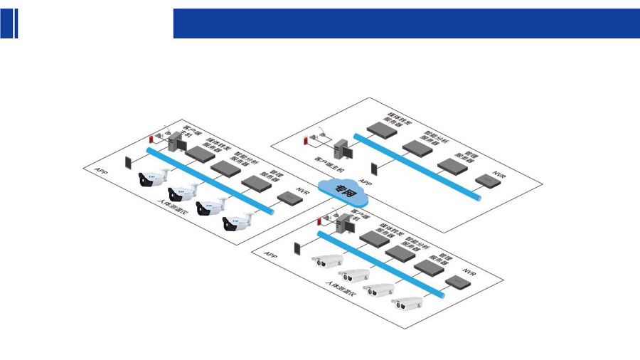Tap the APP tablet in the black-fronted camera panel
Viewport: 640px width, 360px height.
129,161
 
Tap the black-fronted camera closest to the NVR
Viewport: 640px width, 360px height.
238,223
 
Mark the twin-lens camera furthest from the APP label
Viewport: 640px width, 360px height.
408,304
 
